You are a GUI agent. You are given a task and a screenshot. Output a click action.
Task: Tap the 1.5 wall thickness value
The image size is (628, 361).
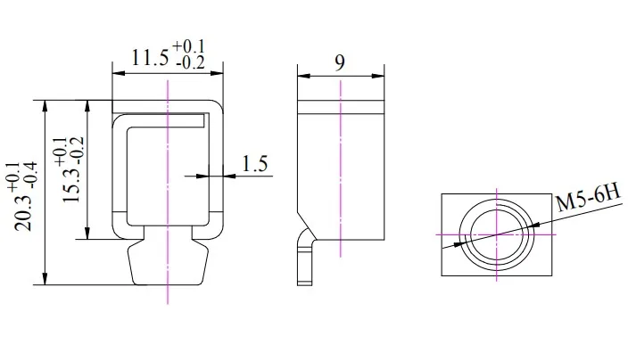[255, 163]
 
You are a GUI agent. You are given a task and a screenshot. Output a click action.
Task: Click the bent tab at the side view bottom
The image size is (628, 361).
[306, 258]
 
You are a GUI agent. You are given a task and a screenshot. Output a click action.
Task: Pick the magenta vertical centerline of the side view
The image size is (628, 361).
[340, 178]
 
